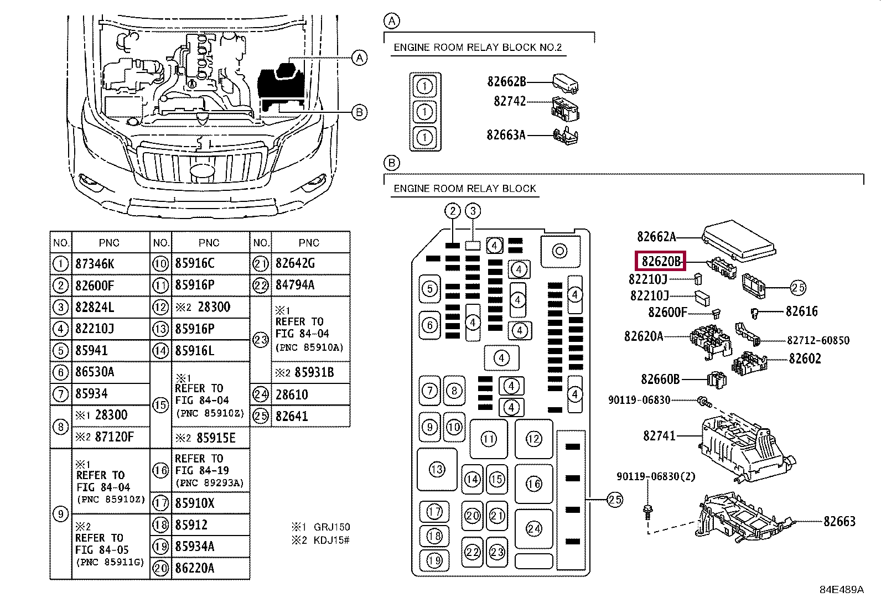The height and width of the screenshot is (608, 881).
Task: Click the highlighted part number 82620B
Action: (660, 261)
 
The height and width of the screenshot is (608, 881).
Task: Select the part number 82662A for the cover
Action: (656, 237)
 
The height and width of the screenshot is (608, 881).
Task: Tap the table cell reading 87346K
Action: (95, 264)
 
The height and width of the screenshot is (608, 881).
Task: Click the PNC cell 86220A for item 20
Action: (194, 568)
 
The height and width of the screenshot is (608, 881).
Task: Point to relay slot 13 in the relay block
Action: (437, 470)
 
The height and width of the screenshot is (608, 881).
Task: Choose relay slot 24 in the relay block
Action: (534, 528)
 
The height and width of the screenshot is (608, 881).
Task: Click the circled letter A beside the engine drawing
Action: (360, 58)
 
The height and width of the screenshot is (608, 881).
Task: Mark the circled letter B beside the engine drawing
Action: (360, 112)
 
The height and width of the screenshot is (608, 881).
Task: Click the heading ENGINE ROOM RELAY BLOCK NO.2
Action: (477, 48)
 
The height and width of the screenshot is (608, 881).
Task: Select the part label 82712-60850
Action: (818, 340)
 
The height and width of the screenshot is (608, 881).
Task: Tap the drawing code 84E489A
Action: (841, 590)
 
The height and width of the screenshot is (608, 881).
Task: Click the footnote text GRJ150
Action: (331, 527)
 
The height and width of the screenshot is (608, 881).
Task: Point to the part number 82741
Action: (659, 436)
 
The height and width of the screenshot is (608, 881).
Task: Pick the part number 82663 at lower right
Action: (839, 521)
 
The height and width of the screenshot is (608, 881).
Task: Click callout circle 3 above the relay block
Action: (473, 211)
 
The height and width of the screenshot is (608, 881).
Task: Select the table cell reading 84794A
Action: (295, 285)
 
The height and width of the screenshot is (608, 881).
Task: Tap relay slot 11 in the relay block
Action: (489, 439)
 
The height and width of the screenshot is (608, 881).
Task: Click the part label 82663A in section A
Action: (506, 135)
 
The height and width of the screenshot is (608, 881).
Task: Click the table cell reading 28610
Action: (292, 394)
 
